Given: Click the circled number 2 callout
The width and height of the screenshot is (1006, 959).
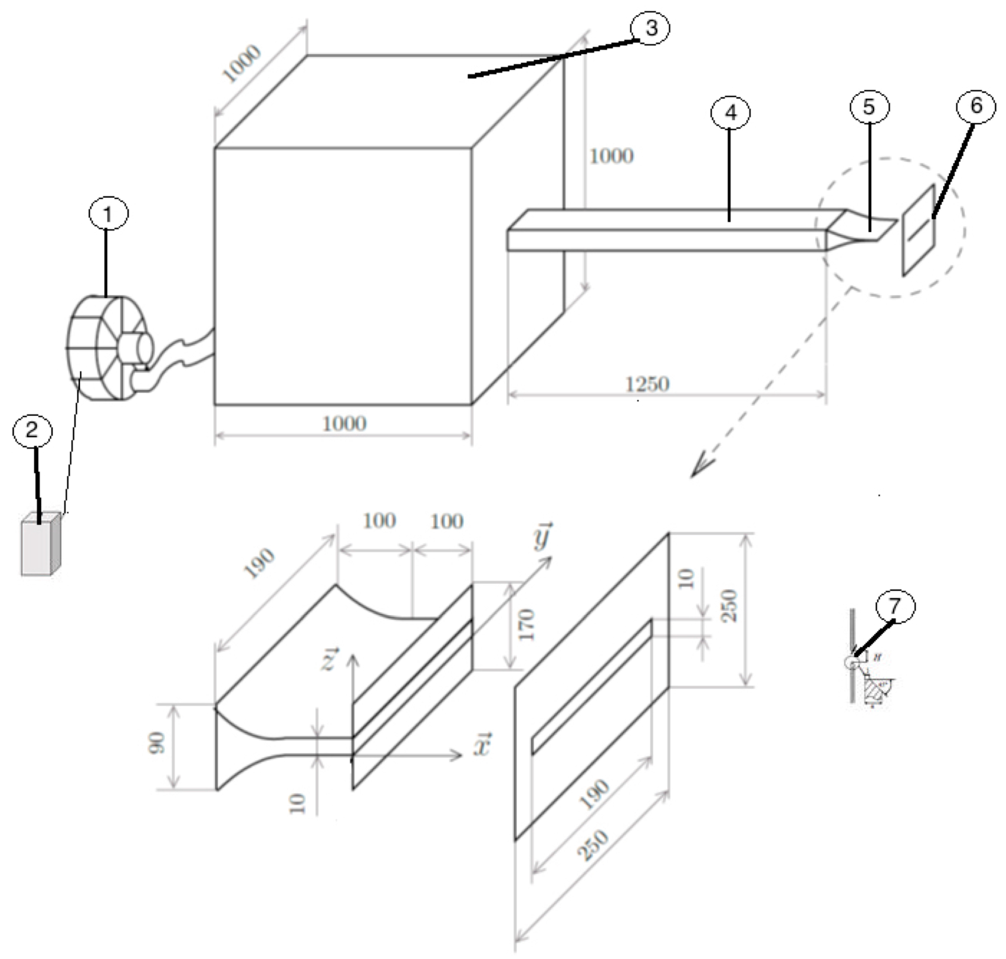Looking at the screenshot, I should pyautogui.click(x=32, y=430).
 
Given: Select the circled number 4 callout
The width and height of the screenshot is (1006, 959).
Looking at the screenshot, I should pyautogui.click(x=730, y=113).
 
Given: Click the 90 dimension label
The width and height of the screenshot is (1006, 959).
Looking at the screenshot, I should pyautogui.click(x=157, y=743).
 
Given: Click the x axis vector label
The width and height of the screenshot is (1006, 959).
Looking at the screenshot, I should pyautogui.click(x=482, y=745).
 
